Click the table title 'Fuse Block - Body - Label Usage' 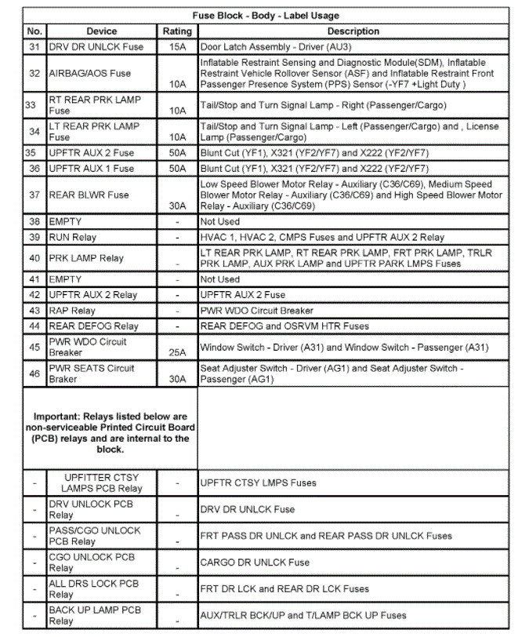(x=266, y=16)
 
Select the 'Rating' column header (x=177, y=31)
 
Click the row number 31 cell (x=34, y=47)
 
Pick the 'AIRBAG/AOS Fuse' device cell (x=90, y=73)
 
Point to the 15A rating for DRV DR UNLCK (x=177, y=47)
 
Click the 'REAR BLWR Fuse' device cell (x=89, y=195)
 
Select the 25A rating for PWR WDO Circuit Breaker (x=177, y=352)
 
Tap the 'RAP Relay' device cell (x=72, y=311)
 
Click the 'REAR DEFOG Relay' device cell (x=93, y=326)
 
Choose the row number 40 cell (x=34, y=258)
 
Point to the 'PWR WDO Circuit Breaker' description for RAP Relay (x=257, y=311)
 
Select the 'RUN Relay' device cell (x=73, y=237)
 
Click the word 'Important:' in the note (x=58, y=417)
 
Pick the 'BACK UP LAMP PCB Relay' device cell (x=95, y=615)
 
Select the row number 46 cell (x=34, y=374)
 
